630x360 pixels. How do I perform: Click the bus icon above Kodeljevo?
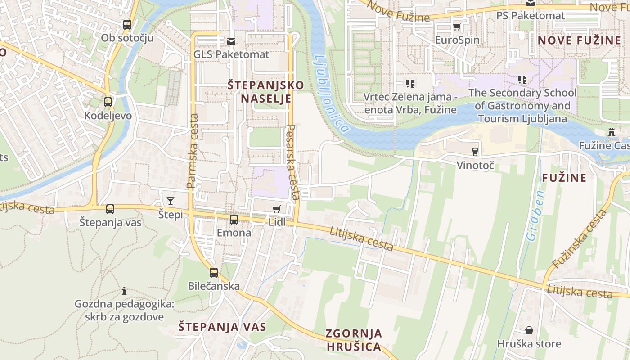pos(108,102)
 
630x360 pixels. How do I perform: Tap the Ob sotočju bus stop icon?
pos(127,25)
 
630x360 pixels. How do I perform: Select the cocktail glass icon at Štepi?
pos(171,201)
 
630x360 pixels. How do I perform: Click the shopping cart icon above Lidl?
pos(277,209)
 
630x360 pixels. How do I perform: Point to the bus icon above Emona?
pos(234,220)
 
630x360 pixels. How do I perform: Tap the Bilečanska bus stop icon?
pos(214,272)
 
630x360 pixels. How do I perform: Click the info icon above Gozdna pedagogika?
pos(124,291)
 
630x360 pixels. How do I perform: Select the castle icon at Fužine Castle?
pos(611,132)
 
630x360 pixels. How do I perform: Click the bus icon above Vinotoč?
pos(475,152)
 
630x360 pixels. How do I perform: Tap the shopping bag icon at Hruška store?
pos(529,330)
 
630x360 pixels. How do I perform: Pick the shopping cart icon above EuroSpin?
pos(457,27)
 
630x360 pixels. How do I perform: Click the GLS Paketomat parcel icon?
pos(231,41)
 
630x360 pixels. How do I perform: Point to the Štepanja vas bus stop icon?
pos(110,209)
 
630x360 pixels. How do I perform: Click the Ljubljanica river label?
pos(332,94)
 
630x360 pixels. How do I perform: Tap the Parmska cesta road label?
pos(193,151)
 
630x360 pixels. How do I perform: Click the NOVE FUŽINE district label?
pos(579,40)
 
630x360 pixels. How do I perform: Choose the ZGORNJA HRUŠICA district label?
pos(354,340)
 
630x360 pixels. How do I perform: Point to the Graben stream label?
pos(535,216)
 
